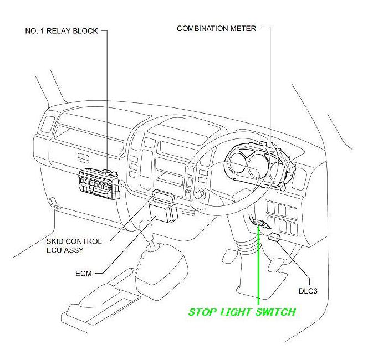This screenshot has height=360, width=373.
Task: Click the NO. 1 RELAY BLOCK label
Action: coord(61,31)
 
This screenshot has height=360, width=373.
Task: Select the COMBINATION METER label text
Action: coord(216,28)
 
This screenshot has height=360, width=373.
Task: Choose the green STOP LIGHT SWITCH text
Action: coord(242,312)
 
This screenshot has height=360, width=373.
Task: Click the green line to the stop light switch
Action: coord(258,266)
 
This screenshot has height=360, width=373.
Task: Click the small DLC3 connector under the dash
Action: coord(275,238)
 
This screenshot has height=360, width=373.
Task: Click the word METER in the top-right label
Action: coord(244,28)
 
